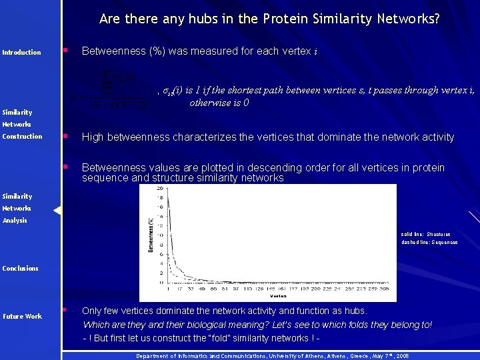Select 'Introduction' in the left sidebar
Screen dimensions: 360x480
tap(22, 53)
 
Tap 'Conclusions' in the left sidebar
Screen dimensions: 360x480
tap(21, 269)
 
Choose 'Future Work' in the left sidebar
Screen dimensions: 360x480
tap(22, 317)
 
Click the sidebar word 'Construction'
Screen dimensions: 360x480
tap(22, 137)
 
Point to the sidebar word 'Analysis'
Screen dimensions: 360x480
tap(15, 221)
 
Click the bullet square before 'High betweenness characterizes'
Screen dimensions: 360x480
tap(65, 136)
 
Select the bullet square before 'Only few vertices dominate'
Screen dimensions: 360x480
tap(65, 310)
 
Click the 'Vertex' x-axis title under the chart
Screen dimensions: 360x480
tap(279, 295)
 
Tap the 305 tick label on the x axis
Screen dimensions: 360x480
tap(384, 289)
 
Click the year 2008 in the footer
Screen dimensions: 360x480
tap(402, 357)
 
